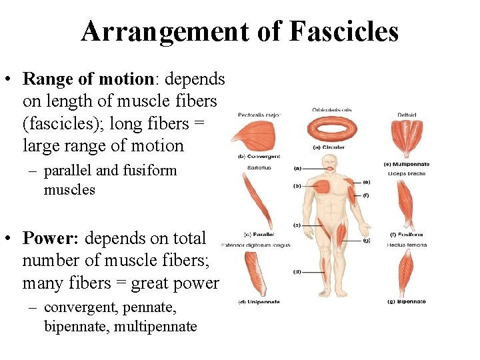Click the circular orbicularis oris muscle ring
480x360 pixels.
pyautogui.click(x=332, y=129)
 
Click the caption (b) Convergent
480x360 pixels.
pyautogui.click(x=259, y=157)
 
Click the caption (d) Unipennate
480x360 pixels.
pyautogui.click(x=260, y=302)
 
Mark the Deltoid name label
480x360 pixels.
pyautogui.click(x=406, y=114)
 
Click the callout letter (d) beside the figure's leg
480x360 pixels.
pyautogui.click(x=297, y=271)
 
